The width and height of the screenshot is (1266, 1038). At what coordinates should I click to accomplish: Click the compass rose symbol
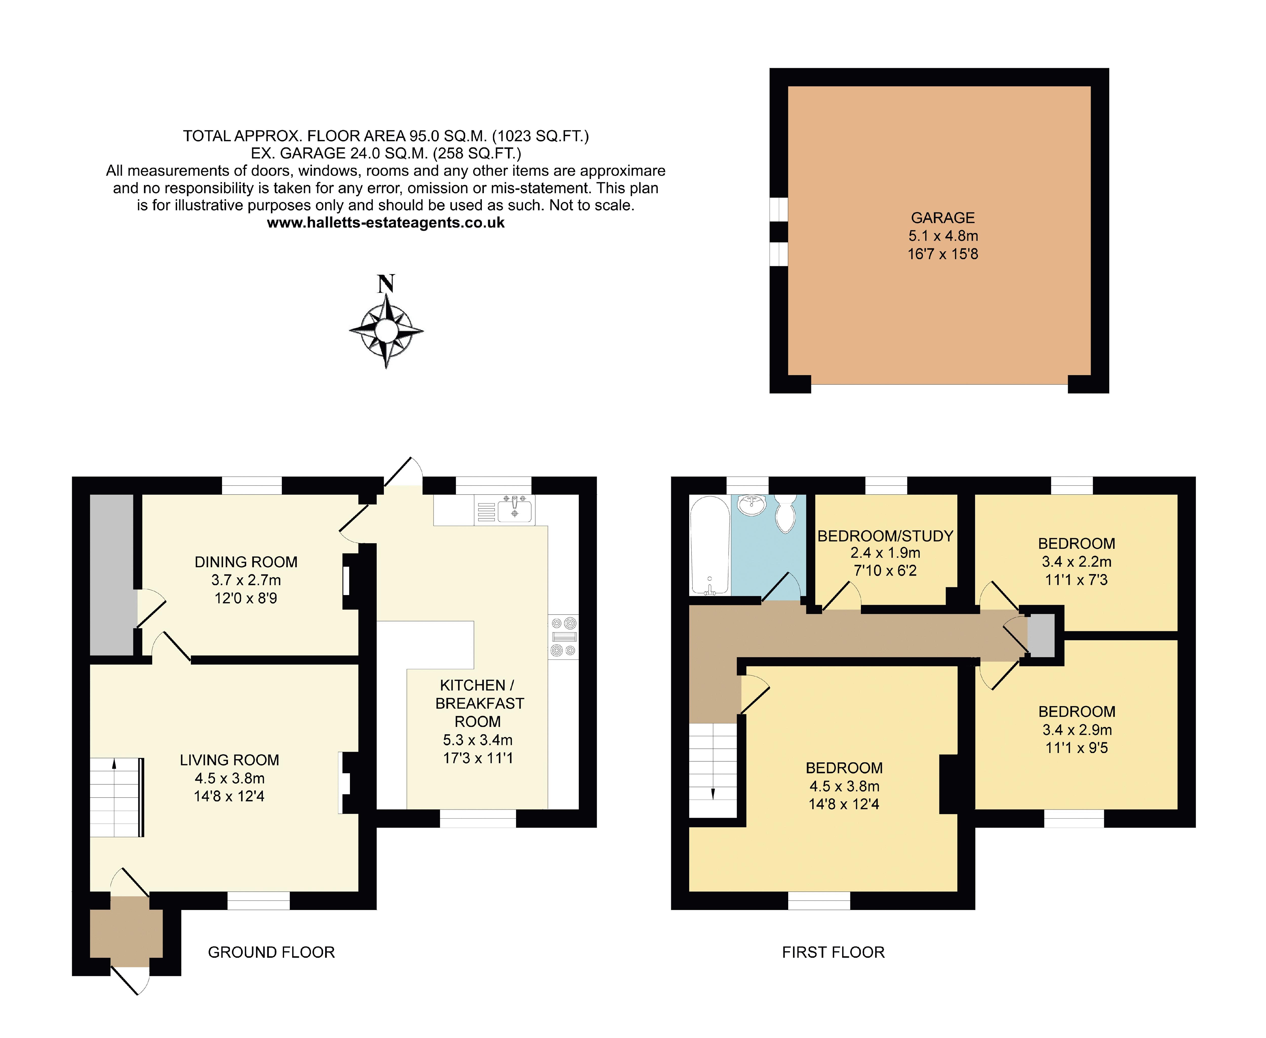pyautogui.click(x=386, y=330)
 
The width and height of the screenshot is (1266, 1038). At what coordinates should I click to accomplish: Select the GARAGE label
pyautogui.click(x=942, y=218)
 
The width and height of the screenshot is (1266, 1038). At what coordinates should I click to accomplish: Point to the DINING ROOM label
pyautogui.click(x=246, y=562)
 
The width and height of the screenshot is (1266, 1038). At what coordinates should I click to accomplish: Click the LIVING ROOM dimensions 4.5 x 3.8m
pyautogui.click(x=230, y=778)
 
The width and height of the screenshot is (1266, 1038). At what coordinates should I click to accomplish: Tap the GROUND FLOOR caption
pyautogui.click(x=271, y=952)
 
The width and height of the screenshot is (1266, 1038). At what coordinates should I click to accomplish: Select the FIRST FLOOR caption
pyautogui.click(x=833, y=952)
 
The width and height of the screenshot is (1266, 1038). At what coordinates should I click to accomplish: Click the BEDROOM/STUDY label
pyautogui.click(x=885, y=536)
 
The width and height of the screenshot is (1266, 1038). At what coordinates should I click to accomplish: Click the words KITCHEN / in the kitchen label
pyautogui.click(x=477, y=685)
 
